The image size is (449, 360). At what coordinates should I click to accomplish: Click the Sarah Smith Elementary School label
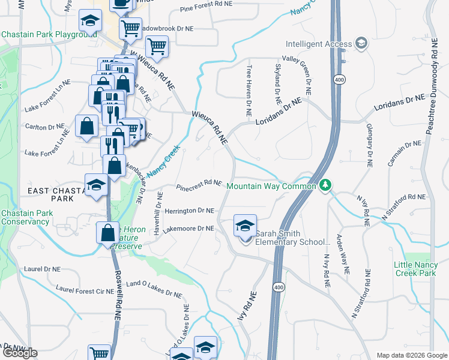(x=293, y=238)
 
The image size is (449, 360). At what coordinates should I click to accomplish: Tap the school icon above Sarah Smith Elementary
(x=245, y=226)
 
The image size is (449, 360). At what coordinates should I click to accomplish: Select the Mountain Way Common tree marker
(x=325, y=185)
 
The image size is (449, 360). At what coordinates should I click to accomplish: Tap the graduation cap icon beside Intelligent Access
(x=361, y=43)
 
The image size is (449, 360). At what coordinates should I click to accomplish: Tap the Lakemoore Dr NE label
(x=188, y=229)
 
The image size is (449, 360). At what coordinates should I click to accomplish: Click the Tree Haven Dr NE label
(x=249, y=91)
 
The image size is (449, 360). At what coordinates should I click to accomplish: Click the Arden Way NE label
(x=342, y=254)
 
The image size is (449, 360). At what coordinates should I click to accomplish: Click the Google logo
(x=19, y=353)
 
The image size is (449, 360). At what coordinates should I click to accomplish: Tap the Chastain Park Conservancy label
(x=25, y=217)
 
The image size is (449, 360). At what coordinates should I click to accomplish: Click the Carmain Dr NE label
(x=405, y=154)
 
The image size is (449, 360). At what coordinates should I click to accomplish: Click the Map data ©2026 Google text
(x=412, y=355)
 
